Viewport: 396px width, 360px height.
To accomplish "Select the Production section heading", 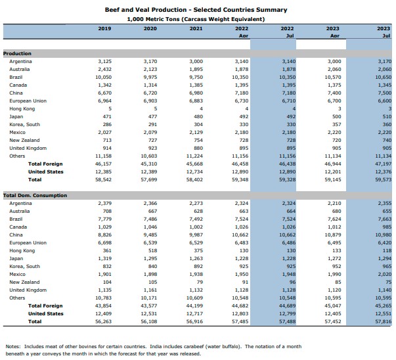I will (17, 53).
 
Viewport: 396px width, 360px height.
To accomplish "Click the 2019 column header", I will (104, 29).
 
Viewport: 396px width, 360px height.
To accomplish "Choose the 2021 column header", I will (196, 29).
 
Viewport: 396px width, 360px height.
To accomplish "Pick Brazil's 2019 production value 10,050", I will (104, 77).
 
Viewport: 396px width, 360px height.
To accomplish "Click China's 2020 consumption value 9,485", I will (150, 235).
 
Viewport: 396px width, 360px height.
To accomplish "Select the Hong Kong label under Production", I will (21, 108).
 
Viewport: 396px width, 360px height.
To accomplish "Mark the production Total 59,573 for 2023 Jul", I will (383, 179).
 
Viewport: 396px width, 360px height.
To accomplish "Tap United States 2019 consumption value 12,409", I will (104, 313).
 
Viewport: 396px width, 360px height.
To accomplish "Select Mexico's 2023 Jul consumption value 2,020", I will (384, 274).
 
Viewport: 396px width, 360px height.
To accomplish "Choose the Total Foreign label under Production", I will (45, 163).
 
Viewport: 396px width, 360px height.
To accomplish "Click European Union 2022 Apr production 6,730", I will (242, 101).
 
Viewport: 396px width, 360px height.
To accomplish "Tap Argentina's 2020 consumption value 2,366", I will (150, 204).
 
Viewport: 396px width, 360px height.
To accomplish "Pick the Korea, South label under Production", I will (24, 124).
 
